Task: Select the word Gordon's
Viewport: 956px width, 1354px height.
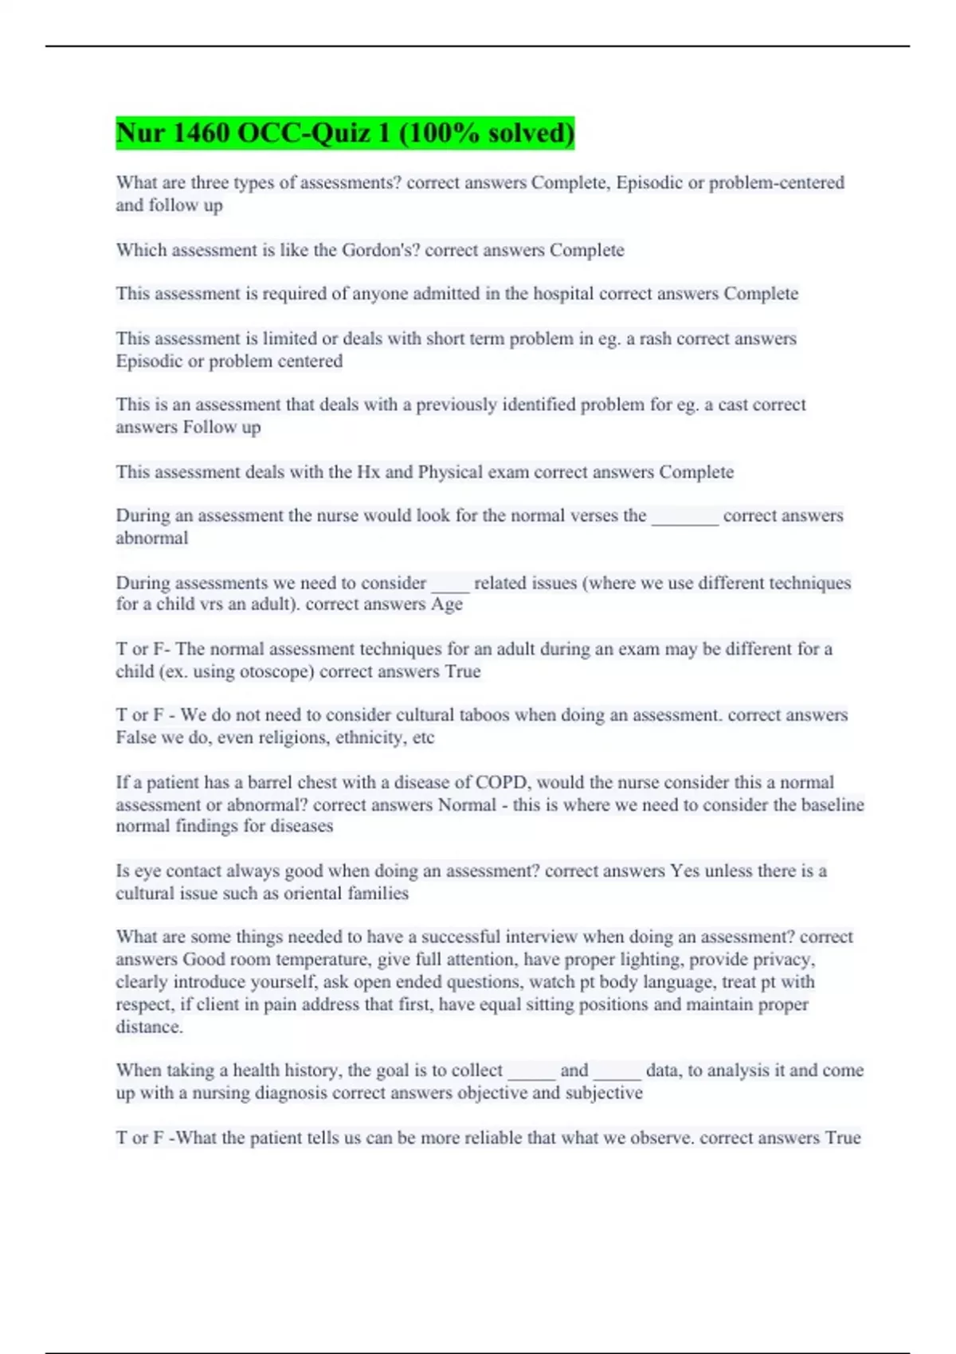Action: pos(381,250)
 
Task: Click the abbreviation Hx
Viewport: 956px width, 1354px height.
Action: pos(368,472)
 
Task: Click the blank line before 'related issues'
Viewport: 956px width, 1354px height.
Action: pos(450,583)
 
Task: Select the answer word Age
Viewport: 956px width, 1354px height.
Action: pos(446,605)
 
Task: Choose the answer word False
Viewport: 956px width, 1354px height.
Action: pos(136,738)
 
